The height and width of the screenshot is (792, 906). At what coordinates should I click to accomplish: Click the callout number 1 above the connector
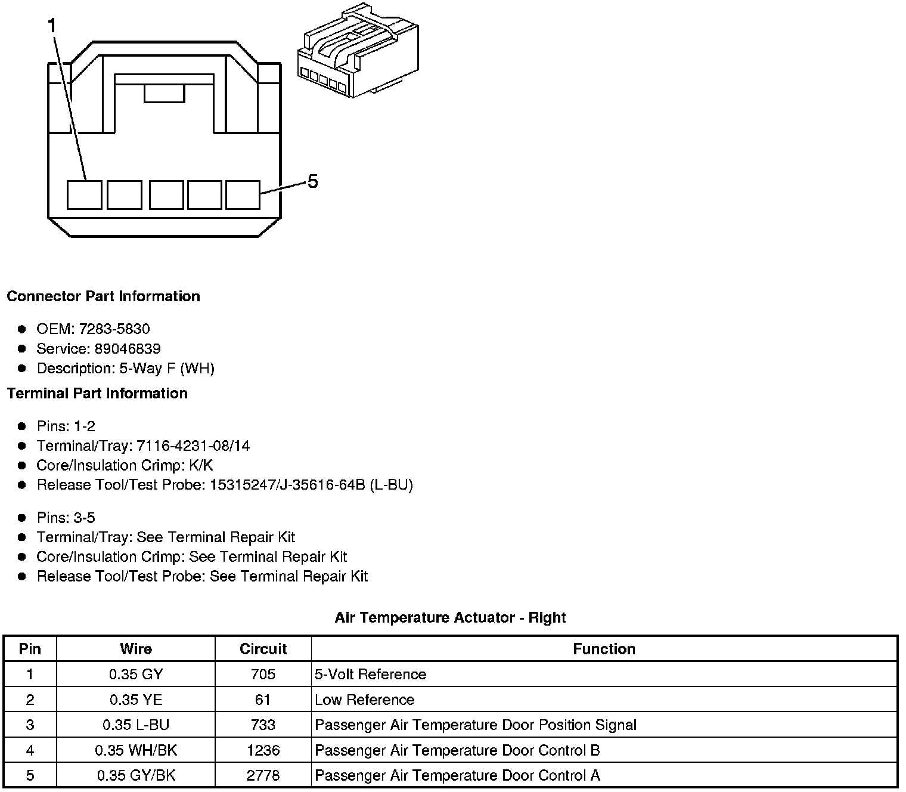coord(52,26)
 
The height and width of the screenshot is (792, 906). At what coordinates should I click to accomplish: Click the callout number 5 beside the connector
coord(313,181)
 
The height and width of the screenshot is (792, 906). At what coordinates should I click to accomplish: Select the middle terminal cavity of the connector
coord(166,195)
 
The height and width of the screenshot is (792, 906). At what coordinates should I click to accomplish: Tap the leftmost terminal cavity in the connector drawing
coord(84,195)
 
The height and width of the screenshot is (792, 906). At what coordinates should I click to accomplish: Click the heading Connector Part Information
coord(104,296)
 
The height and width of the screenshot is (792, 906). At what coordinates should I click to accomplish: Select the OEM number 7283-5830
coord(114,329)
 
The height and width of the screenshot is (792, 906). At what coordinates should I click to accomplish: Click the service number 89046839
coord(128,348)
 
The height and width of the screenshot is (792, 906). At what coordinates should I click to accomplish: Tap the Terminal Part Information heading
coord(97,393)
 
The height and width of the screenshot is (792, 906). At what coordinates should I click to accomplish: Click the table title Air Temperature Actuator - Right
coord(450,617)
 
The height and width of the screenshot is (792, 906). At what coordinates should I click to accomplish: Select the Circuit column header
coord(263,649)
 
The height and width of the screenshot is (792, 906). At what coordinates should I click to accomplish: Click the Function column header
coord(604,649)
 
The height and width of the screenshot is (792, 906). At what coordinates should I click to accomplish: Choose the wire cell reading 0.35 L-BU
coord(136,725)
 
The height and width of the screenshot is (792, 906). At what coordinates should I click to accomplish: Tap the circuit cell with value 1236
coord(263,750)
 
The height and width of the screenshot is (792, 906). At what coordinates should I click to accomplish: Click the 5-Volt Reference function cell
coord(371,674)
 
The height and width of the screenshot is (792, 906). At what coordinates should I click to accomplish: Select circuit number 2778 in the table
coord(263,775)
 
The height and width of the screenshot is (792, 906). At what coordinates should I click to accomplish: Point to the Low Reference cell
coord(365,700)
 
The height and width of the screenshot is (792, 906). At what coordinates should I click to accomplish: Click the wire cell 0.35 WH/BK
coord(136,750)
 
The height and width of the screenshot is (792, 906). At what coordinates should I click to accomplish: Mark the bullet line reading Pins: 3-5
coord(66,518)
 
